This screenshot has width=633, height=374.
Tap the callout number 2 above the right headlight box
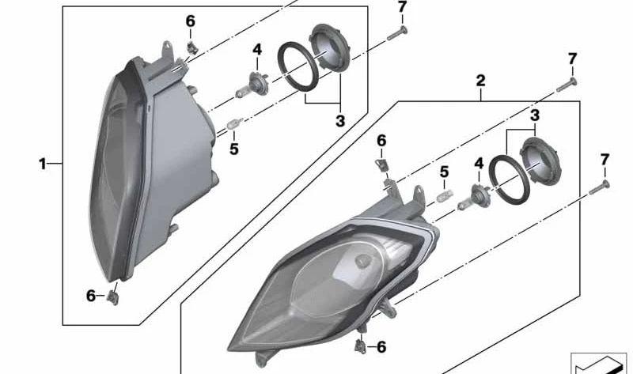click(479, 81)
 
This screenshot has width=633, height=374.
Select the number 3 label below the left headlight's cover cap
click(339, 121)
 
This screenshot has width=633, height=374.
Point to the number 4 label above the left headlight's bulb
click(256, 50)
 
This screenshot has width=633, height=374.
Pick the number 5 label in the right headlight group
click(444, 171)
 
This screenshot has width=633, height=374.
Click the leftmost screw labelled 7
click(397, 32)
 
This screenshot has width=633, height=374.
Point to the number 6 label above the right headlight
click(381, 140)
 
